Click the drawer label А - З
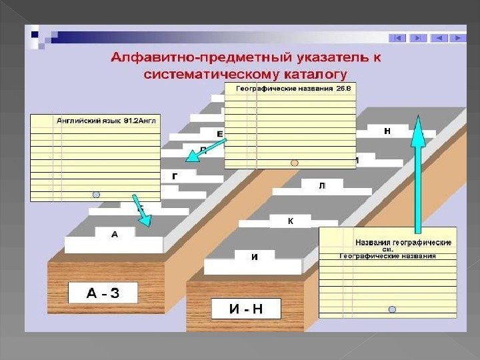[103, 293]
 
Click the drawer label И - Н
[246, 309]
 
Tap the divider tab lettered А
[115, 234]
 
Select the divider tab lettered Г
[175, 176]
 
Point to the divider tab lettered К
[291, 220]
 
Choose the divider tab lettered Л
[323, 185]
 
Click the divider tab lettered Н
[387, 131]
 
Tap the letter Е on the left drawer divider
[219, 134]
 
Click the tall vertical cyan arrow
[418, 173]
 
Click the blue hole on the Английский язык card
[96, 195]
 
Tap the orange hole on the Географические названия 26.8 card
[294, 162]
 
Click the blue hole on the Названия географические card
[392, 309]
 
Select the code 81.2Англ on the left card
[140, 121]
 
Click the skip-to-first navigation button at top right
[398, 38]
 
